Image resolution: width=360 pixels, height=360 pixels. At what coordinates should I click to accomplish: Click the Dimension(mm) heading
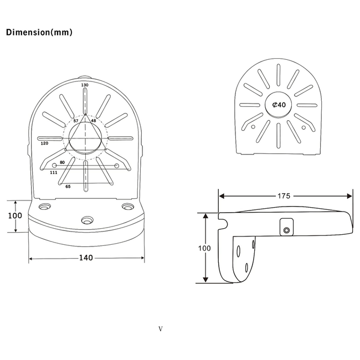pos(39,32)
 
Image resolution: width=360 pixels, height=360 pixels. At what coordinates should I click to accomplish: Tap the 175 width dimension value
pos(284,196)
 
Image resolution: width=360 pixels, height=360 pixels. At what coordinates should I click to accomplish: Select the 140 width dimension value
pos(86,258)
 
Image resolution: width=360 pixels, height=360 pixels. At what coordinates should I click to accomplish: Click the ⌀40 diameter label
pos(279,105)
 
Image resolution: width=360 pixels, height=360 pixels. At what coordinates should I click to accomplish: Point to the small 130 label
pos(85,85)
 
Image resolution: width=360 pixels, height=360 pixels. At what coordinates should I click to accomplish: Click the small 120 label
pos(44,143)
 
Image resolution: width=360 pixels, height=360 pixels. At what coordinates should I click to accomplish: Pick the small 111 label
pos(54,172)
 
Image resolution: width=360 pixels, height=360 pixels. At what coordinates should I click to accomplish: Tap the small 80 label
pos(62,162)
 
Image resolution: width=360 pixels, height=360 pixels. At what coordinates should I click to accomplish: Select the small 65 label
pos(68,187)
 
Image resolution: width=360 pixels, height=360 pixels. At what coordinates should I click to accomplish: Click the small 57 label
pos(76,121)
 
